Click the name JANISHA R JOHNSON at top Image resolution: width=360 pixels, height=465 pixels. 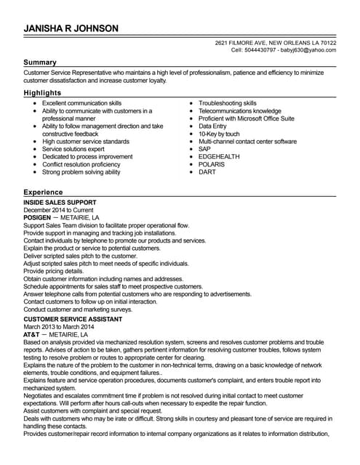71,28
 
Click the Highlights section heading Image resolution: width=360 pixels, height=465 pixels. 42,94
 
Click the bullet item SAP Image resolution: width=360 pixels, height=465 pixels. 205,149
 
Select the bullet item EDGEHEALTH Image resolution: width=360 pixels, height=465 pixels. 218,157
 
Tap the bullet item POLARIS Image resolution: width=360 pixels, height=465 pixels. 212,165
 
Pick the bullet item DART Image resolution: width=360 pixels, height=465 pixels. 207,172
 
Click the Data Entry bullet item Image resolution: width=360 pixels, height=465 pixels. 213,126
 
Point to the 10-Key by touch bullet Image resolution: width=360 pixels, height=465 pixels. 219,134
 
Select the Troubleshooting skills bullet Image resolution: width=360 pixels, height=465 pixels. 228,103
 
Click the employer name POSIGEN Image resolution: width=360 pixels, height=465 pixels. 38,217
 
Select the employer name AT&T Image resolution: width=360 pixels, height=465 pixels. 32,334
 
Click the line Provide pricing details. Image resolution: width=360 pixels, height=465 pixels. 54,271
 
